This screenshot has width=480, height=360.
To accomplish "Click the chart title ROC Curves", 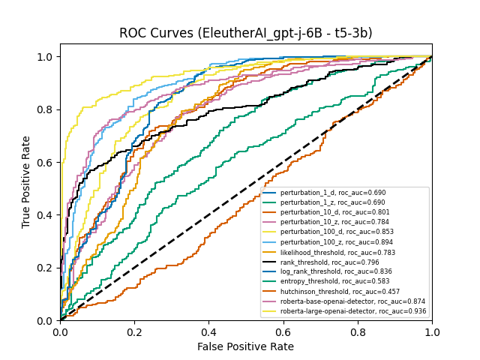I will click(x=245, y=33).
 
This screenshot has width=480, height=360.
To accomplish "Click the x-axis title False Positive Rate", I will click(x=245, y=346).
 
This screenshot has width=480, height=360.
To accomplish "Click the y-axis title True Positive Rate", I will click(x=26, y=181).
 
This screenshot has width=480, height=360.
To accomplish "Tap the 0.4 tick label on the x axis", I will click(x=208, y=331).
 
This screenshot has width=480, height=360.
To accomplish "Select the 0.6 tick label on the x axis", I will click(x=283, y=331).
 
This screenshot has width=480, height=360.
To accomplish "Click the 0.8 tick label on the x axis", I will click(x=357, y=331).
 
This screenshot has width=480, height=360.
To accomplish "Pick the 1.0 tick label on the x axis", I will click(x=431, y=331).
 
